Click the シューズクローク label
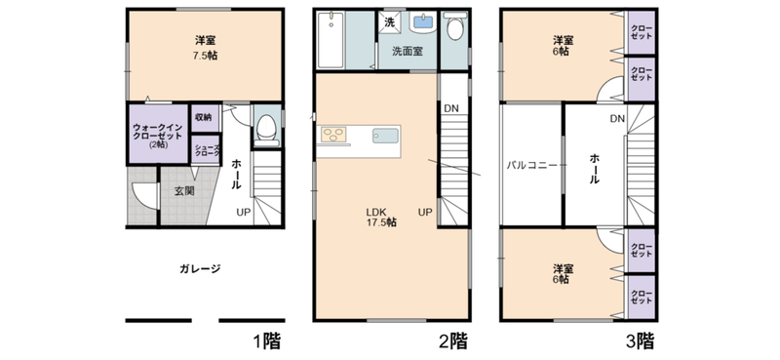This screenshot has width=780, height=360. (205, 151)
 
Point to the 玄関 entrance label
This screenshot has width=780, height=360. (184, 190)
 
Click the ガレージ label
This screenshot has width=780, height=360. (200, 269)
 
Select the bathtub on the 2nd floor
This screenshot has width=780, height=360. (331, 40)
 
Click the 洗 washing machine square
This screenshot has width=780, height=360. (390, 22)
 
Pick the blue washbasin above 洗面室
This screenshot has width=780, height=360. (423, 21)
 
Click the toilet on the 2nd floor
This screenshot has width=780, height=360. (454, 26)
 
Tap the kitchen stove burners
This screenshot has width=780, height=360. (333, 135)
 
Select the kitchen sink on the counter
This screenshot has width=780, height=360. (385, 136)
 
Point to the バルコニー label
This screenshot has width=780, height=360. (531, 165)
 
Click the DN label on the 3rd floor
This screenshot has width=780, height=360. (617, 118)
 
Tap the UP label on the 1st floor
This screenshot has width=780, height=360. (243, 212)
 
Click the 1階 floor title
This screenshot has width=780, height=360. (267, 341)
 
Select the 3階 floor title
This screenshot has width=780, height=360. (640, 341)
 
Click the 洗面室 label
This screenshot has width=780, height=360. (408, 51)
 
